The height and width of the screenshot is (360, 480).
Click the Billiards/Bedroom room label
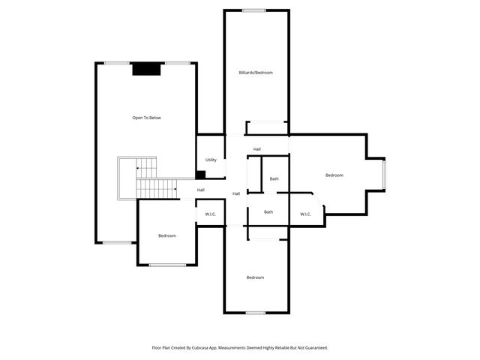[x=256, y=73]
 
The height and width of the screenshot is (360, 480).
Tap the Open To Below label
[x=146, y=118]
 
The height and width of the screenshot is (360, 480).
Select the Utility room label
[x=211, y=160]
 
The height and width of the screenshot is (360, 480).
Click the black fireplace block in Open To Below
[x=146, y=69]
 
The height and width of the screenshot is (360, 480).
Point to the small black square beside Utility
[x=200, y=175]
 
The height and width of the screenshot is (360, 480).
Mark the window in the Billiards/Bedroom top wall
[x=253, y=10]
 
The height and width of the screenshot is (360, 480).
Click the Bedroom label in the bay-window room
[x=334, y=175]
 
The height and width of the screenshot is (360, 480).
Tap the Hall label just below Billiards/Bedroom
[x=257, y=149]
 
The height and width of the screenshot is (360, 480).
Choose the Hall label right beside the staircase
[x=201, y=190]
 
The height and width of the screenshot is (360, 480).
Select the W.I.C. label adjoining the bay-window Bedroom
[x=305, y=214]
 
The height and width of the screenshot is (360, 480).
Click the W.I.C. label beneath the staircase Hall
[x=210, y=214]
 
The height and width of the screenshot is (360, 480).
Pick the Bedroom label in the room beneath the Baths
[x=255, y=277]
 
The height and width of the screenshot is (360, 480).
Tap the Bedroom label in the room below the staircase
[x=166, y=235]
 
